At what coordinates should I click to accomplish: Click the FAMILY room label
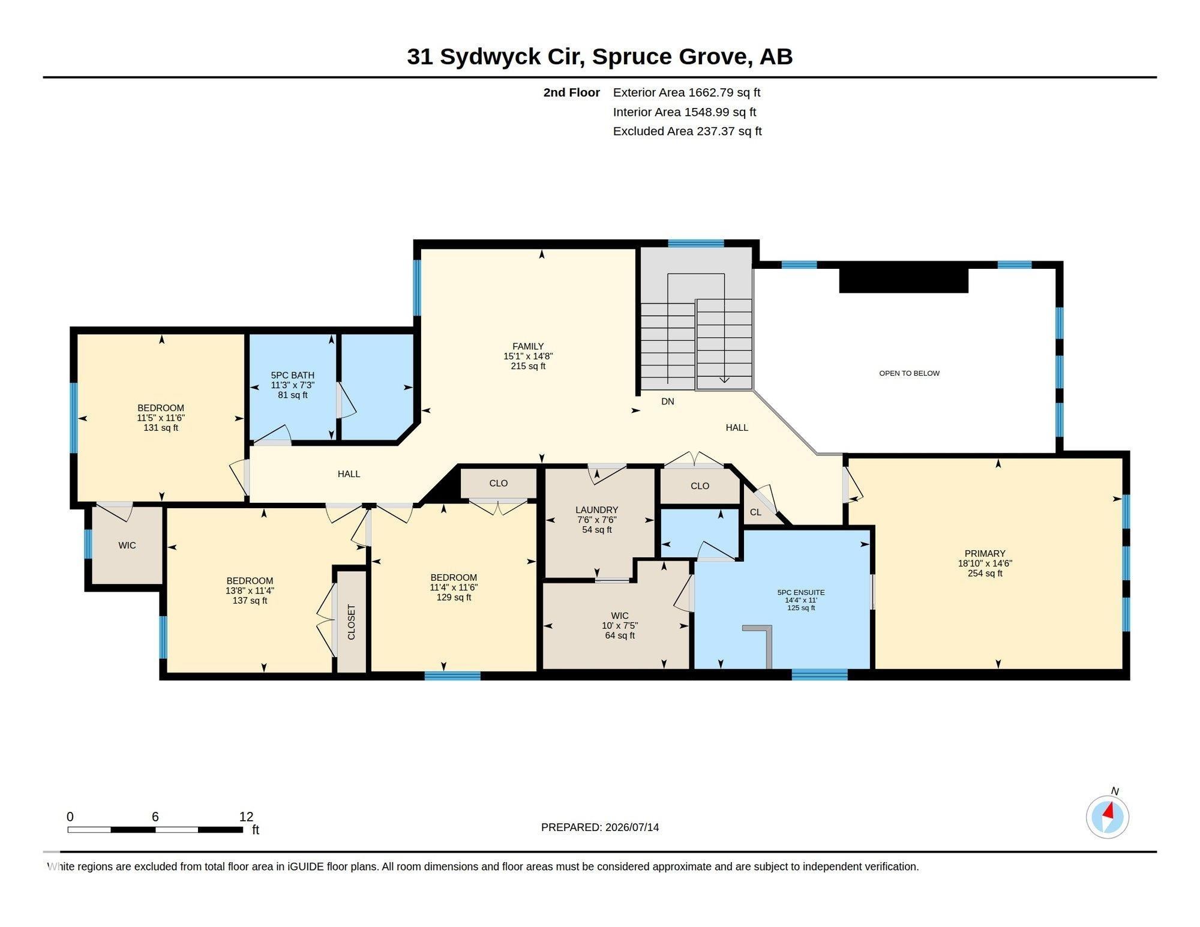(x=528, y=346)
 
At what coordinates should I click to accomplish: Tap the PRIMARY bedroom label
(x=985, y=553)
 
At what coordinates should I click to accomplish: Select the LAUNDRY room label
(x=596, y=510)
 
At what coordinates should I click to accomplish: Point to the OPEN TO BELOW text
(x=909, y=373)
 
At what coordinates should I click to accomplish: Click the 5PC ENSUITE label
(x=801, y=592)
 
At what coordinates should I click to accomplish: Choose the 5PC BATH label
(x=293, y=375)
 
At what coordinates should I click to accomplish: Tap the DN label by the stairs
(x=668, y=401)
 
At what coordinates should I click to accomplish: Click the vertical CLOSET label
(x=352, y=622)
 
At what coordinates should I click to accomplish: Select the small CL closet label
(x=755, y=512)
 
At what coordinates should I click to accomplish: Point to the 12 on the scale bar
(x=246, y=817)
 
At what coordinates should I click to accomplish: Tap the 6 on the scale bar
(x=155, y=817)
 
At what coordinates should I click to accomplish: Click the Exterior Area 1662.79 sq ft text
(x=686, y=92)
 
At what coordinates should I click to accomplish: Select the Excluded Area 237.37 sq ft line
(x=687, y=131)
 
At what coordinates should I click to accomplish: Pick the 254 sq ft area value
(x=985, y=573)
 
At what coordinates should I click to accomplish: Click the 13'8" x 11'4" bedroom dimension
(x=250, y=590)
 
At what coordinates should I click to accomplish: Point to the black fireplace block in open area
(x=904, y=280)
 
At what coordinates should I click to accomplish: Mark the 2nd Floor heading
(x=571, y=92)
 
